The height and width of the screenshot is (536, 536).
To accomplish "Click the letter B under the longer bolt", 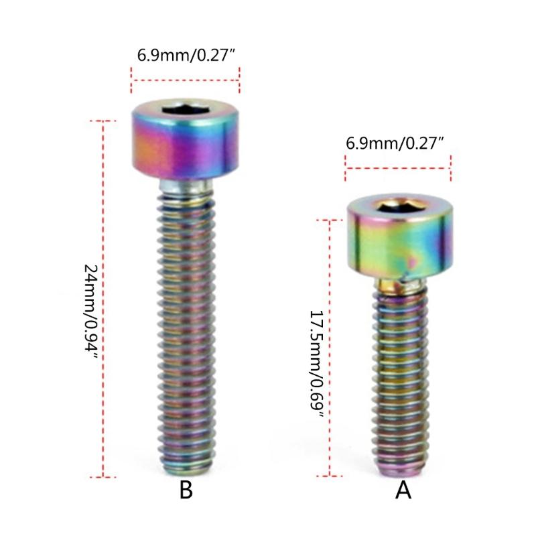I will click(186, 490).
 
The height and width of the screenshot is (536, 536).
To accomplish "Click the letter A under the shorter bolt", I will click(403, 490).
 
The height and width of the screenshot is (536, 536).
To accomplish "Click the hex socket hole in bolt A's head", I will click(398, 206).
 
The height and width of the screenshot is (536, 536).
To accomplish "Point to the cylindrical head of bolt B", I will click(186, 144).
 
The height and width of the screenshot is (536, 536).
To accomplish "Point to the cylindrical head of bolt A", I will click(398, 241).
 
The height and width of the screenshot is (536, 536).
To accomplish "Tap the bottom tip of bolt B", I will click(186, 469).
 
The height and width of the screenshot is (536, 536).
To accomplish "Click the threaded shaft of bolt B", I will click(186, 322).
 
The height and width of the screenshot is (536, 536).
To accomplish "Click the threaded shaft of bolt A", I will click(401, 375).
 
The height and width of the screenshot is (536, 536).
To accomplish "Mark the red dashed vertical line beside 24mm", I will click(103, 298).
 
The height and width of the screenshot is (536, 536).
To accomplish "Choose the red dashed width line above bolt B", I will click(186, 79).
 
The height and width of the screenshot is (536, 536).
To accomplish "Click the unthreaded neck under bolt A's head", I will click(401, 287).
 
